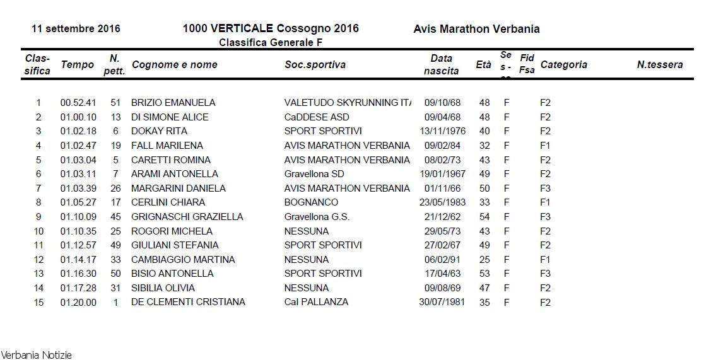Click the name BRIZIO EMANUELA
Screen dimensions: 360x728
(173, 103)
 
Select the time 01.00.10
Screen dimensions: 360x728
(78, 117)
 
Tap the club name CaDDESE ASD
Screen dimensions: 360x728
(316, 117)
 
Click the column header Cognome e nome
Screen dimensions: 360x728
(174, 64)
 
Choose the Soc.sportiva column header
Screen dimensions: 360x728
(315, 64)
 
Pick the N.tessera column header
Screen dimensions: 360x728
(659, 64)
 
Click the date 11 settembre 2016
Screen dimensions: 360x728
(76, 29)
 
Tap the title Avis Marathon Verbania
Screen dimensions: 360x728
(476, 29)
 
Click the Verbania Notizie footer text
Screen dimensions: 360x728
(36, 355)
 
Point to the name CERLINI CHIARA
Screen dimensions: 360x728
(168, 202)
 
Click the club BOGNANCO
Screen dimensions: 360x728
(311, 202)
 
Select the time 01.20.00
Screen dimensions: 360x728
(78, 302)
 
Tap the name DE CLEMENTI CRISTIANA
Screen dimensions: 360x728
(188, 302)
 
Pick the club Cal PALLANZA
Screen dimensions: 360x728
(316, 302)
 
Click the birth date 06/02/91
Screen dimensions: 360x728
(442, 259)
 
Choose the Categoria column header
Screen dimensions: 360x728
(563, 64)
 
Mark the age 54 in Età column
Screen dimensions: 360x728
(484, 217)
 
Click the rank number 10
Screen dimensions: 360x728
(38, 231)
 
